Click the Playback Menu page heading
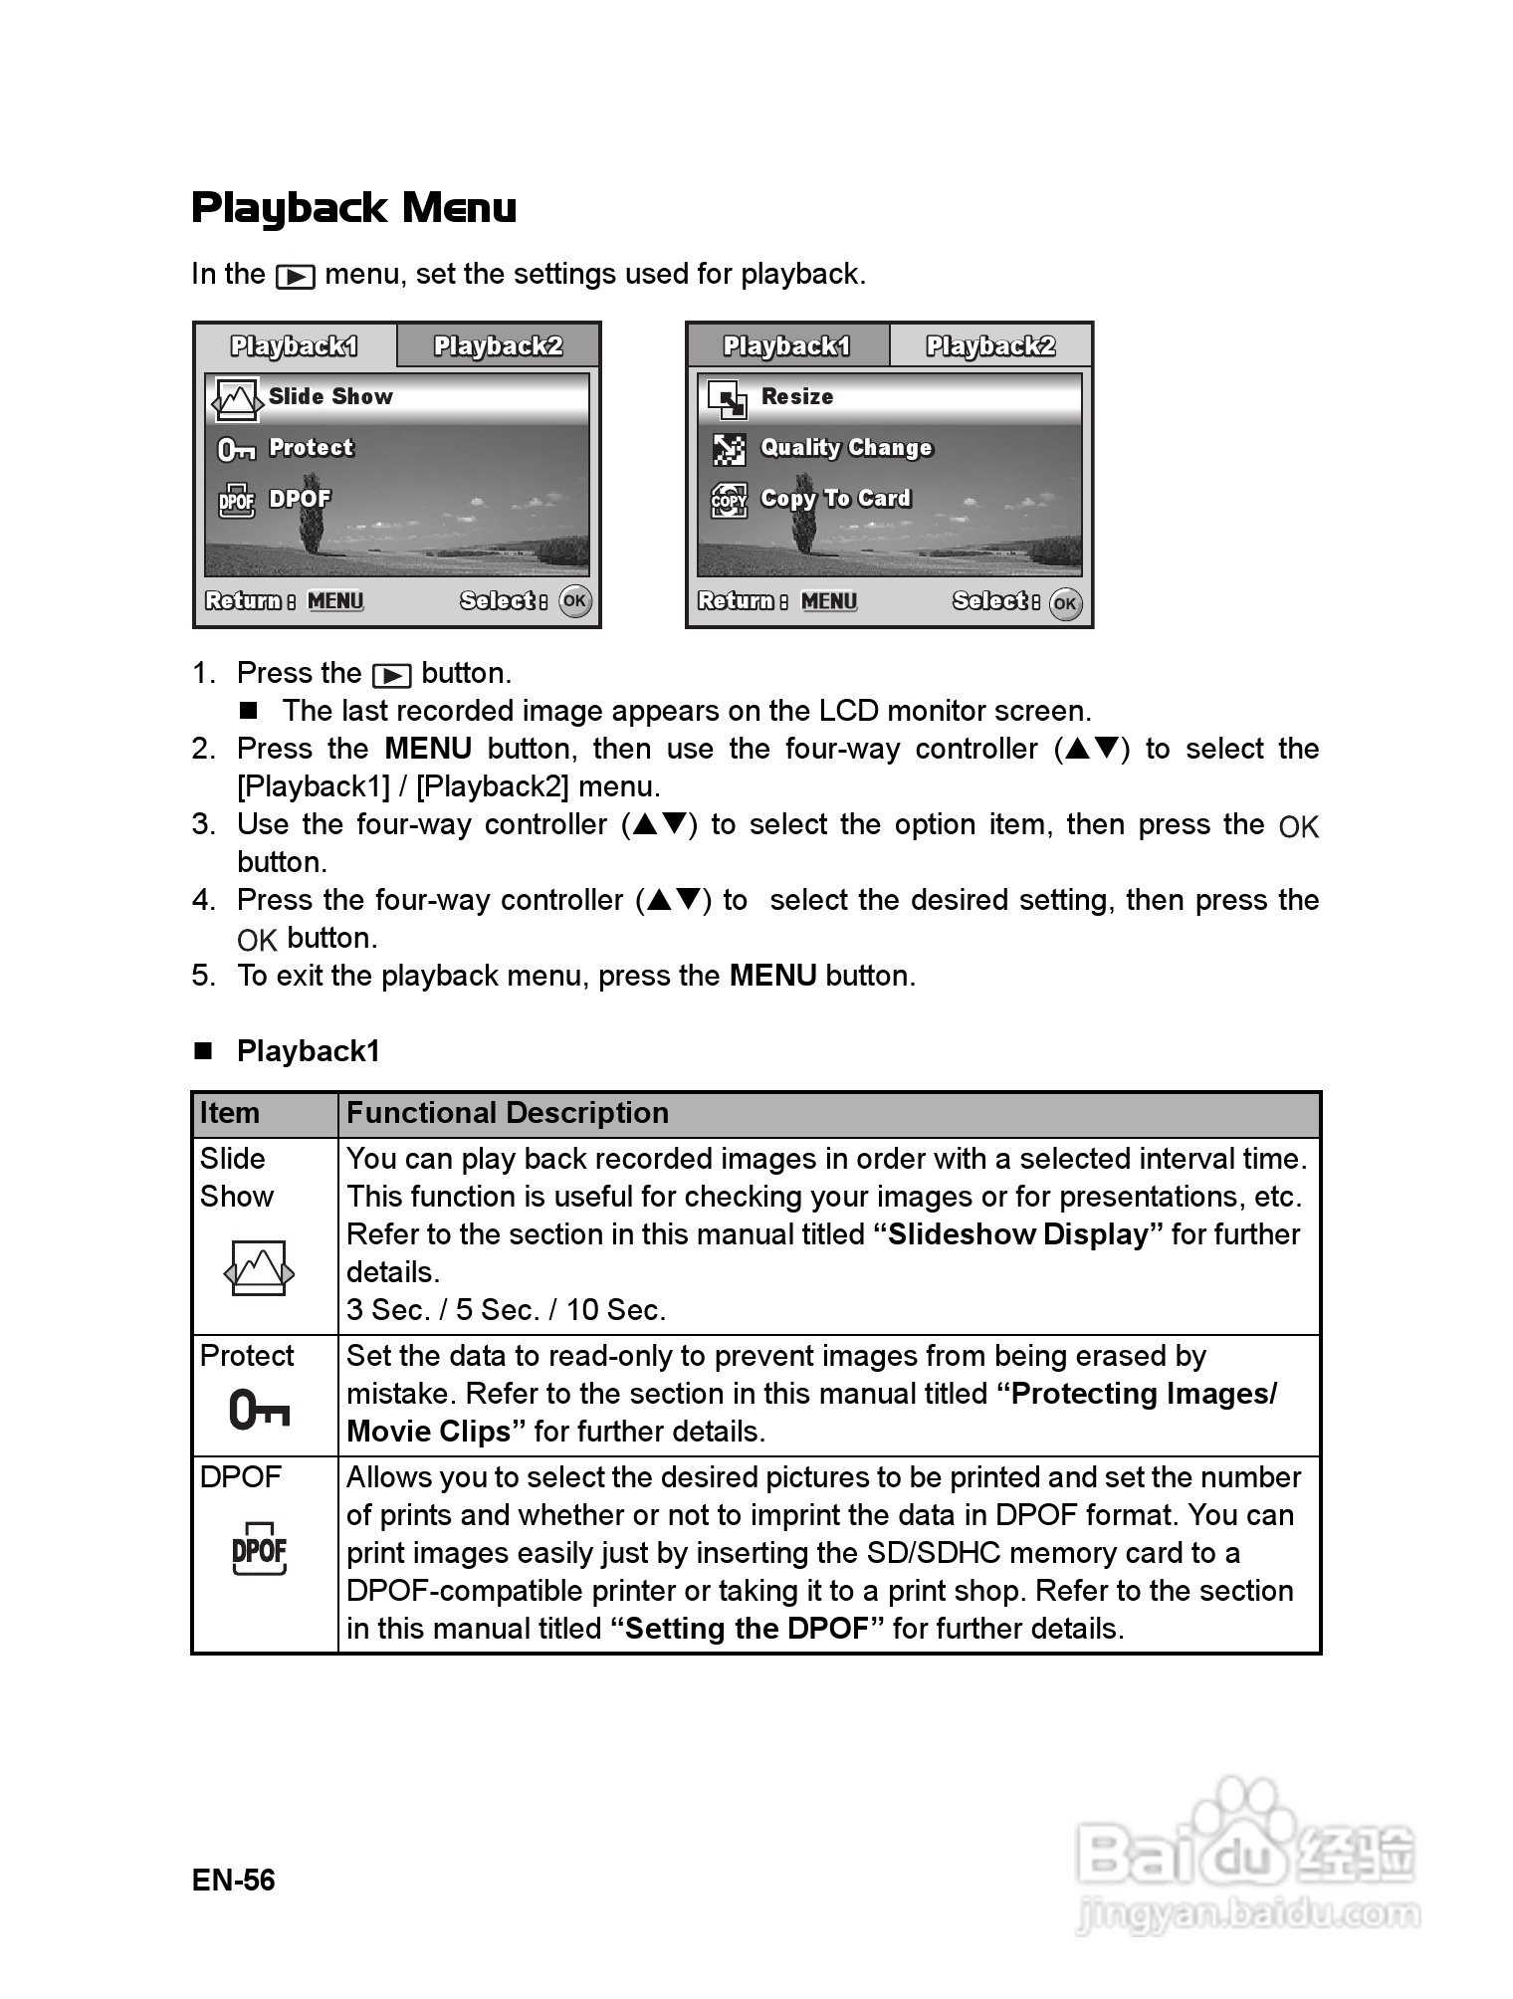(353, 207)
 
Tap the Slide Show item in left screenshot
(330, 397)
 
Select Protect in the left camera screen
(311, 448)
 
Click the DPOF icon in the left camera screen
(237, 500)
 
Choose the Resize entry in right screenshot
(796, 397)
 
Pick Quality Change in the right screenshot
(846, 448)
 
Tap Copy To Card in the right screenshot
(835, 499)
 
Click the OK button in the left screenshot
(574, 601)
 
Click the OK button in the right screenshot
(1065, 602)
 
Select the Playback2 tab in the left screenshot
(498, 346)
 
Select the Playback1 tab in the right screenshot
(786, 346)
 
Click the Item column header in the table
(230, 1113)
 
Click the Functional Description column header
(508, 1113)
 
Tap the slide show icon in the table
(259, 1268)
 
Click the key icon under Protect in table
(259, 1410)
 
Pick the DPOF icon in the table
(259, 1549)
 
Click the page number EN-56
(233, 1880)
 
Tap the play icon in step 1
(391, 676)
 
